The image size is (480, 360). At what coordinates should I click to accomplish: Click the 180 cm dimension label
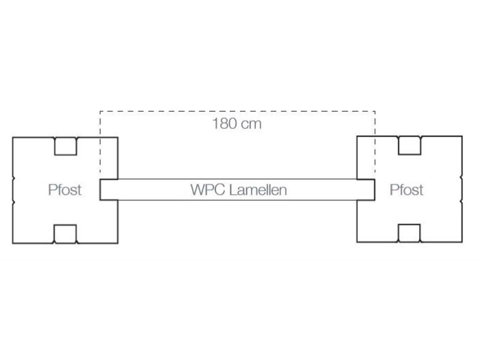click(237, 123)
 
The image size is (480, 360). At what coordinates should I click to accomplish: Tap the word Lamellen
click(258, 190)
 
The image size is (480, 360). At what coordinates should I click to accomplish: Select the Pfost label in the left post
click(65, 190)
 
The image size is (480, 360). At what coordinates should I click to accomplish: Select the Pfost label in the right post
click(407, 190)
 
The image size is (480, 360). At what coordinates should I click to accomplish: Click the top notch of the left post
click(66, 146)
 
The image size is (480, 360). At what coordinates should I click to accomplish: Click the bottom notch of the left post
click(65, 234)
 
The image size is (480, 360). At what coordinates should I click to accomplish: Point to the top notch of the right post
click(409, 145)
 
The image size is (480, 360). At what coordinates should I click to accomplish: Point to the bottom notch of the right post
click(409, 233)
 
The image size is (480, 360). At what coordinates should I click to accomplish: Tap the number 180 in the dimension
click(224, 123)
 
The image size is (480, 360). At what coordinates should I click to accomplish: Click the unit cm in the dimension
click(252, 124)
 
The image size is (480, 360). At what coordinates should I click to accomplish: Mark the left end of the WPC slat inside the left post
click(100, 190)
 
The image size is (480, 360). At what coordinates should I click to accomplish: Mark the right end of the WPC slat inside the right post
click(374, 190)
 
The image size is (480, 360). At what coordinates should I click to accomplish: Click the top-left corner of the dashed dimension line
click(100, 111)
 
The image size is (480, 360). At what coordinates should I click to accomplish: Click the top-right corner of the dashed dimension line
click(375, 111)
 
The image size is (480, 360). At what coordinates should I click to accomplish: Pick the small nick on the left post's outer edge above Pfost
click(14, 177)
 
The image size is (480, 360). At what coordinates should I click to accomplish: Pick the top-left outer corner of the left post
click(13, 137)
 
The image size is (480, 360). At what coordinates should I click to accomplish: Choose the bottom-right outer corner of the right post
click(462, 242)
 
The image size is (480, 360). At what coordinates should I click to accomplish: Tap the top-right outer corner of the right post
click(462, 136)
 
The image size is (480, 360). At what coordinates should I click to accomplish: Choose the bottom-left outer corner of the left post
click(13, 243)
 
